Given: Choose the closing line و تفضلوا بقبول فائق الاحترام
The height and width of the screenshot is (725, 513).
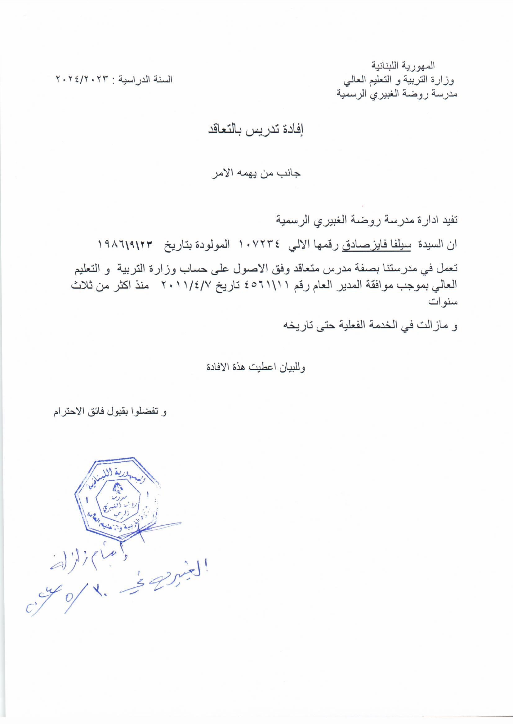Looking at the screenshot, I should [110, 412].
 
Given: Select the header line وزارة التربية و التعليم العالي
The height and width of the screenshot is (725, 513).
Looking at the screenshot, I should [399, 80].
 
